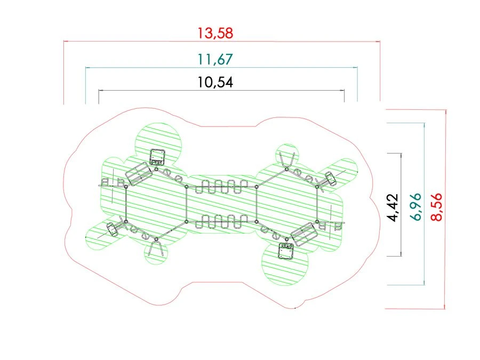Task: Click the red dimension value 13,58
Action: pyautogui.click(x=215, y=34)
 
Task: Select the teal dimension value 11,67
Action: pyautogui.click(x=215, y=59)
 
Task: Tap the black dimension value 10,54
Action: pyautogui.click(x=215, y=82)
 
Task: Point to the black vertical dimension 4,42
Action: pyautogui.click(x=393, y=207)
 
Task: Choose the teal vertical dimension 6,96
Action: pyautogui.click(x=415, y=207)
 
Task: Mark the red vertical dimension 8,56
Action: pyautogui.click(x=436, y=207)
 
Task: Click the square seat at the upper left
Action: pyautogui.click(x=158, y=157)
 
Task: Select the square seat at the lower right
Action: pyautogui.click(x=286, y=251)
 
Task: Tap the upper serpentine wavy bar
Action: pyautogui.click(x=221, y=187)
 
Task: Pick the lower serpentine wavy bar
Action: pyautogui.click(x=221, y=222)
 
